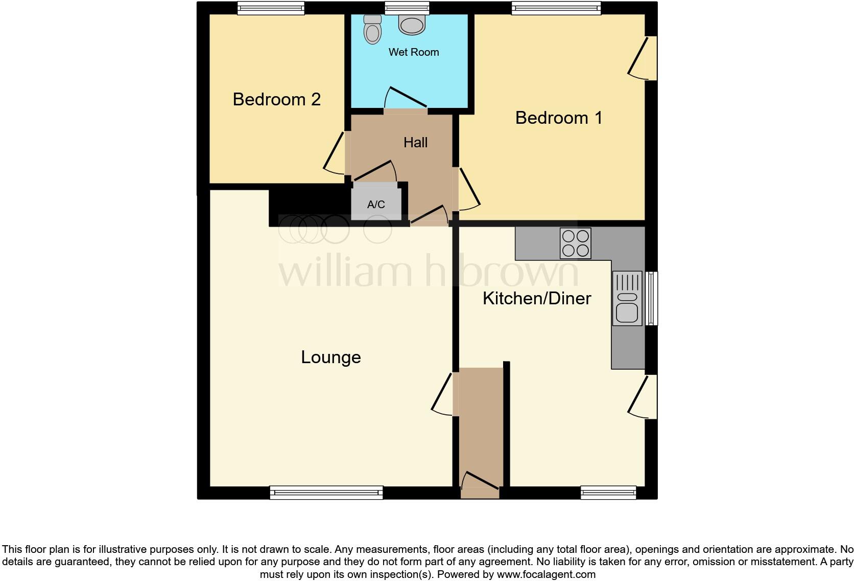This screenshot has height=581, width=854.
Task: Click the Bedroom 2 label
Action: coord(276,99)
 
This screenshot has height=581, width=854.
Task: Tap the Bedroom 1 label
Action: coord(559,118)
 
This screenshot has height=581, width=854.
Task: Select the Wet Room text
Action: coord(414,52)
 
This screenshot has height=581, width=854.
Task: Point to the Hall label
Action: coord(415,142)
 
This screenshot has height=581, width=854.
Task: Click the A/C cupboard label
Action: coord(376,205)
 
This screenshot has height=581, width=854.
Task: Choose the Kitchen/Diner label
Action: coord(537,298)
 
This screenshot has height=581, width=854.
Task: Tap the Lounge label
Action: coord(330,357)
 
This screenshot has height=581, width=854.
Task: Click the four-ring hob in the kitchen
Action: coord(576,243)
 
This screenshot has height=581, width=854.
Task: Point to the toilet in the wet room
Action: coord(373,29)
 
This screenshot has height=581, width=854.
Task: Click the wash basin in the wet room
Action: coord(412,25)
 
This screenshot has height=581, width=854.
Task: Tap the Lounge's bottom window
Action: coord(326,492)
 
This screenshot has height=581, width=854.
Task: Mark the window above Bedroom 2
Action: coord(271,8)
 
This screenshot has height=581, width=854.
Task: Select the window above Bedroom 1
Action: coord(556,8)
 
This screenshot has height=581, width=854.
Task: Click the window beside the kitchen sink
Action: coord(651,298)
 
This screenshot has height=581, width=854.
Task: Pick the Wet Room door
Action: coord(406,100)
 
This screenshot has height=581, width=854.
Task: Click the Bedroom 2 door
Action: coord(335,152)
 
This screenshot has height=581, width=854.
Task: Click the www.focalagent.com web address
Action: coord(545,574)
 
